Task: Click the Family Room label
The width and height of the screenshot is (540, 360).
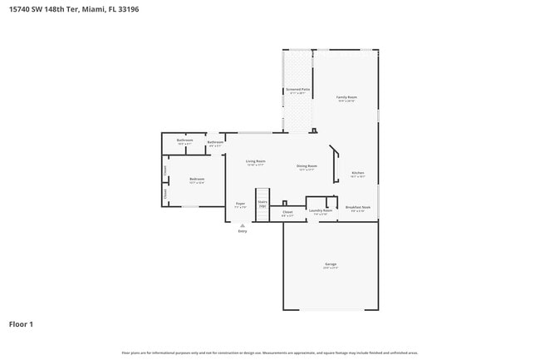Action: (346, 97)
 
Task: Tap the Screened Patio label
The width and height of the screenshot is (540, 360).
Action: (297, 90)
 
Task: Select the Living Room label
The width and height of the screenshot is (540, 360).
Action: (256, 161)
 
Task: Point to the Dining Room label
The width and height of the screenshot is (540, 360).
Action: (307, 166)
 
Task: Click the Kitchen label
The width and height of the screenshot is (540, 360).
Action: (357, 173)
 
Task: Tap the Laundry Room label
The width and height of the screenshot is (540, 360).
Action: (321, 210)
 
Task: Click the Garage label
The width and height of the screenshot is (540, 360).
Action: (331, 264)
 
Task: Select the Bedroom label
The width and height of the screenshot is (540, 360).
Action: (197, 180)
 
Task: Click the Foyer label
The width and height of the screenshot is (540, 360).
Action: (240, 204)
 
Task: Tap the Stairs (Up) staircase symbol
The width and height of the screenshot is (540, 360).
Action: (263, 211)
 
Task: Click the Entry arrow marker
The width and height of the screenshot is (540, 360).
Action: (243, 224)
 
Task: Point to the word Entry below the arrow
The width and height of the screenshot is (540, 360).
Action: (243, 231)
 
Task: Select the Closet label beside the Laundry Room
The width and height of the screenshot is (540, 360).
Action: (287, 213)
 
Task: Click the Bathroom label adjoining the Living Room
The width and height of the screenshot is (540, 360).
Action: (215, 142)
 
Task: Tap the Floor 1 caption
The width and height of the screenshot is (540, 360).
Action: (21, 323)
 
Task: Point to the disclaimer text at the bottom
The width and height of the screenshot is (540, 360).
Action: (270, 353)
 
